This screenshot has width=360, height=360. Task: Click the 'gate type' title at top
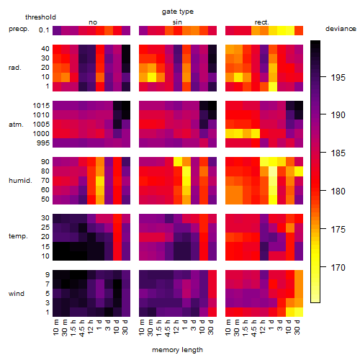pos(178,12)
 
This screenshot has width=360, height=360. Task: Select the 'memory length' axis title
pos(177,350)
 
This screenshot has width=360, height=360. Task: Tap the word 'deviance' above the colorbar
pos(341,29)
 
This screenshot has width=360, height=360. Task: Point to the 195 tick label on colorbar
pos(338,77)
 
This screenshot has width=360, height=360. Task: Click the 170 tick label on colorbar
pos(338,267)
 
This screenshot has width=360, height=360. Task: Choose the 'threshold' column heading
pos(40,17)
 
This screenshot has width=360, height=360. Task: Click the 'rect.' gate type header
pos(262,22)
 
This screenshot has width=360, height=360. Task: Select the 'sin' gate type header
pos(177,22)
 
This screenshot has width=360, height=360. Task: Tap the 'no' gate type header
pos(93,22)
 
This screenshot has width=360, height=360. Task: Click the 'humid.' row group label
pos(20,181)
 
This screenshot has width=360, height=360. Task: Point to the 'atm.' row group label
pos(16,125)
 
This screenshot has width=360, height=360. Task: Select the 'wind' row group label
pos(17,293)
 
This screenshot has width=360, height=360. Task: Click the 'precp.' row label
pos(19,29)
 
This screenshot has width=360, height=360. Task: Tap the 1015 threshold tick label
pos(41,106)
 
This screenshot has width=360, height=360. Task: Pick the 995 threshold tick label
pos(43,143)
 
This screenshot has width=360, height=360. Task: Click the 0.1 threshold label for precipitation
pos(44,30)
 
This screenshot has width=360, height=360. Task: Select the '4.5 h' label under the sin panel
pos(168,328)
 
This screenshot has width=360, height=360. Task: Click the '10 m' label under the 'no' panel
pos(55,328)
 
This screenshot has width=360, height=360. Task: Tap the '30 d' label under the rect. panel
pos(297,328)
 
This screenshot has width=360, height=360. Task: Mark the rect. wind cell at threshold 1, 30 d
pos(299,312)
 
